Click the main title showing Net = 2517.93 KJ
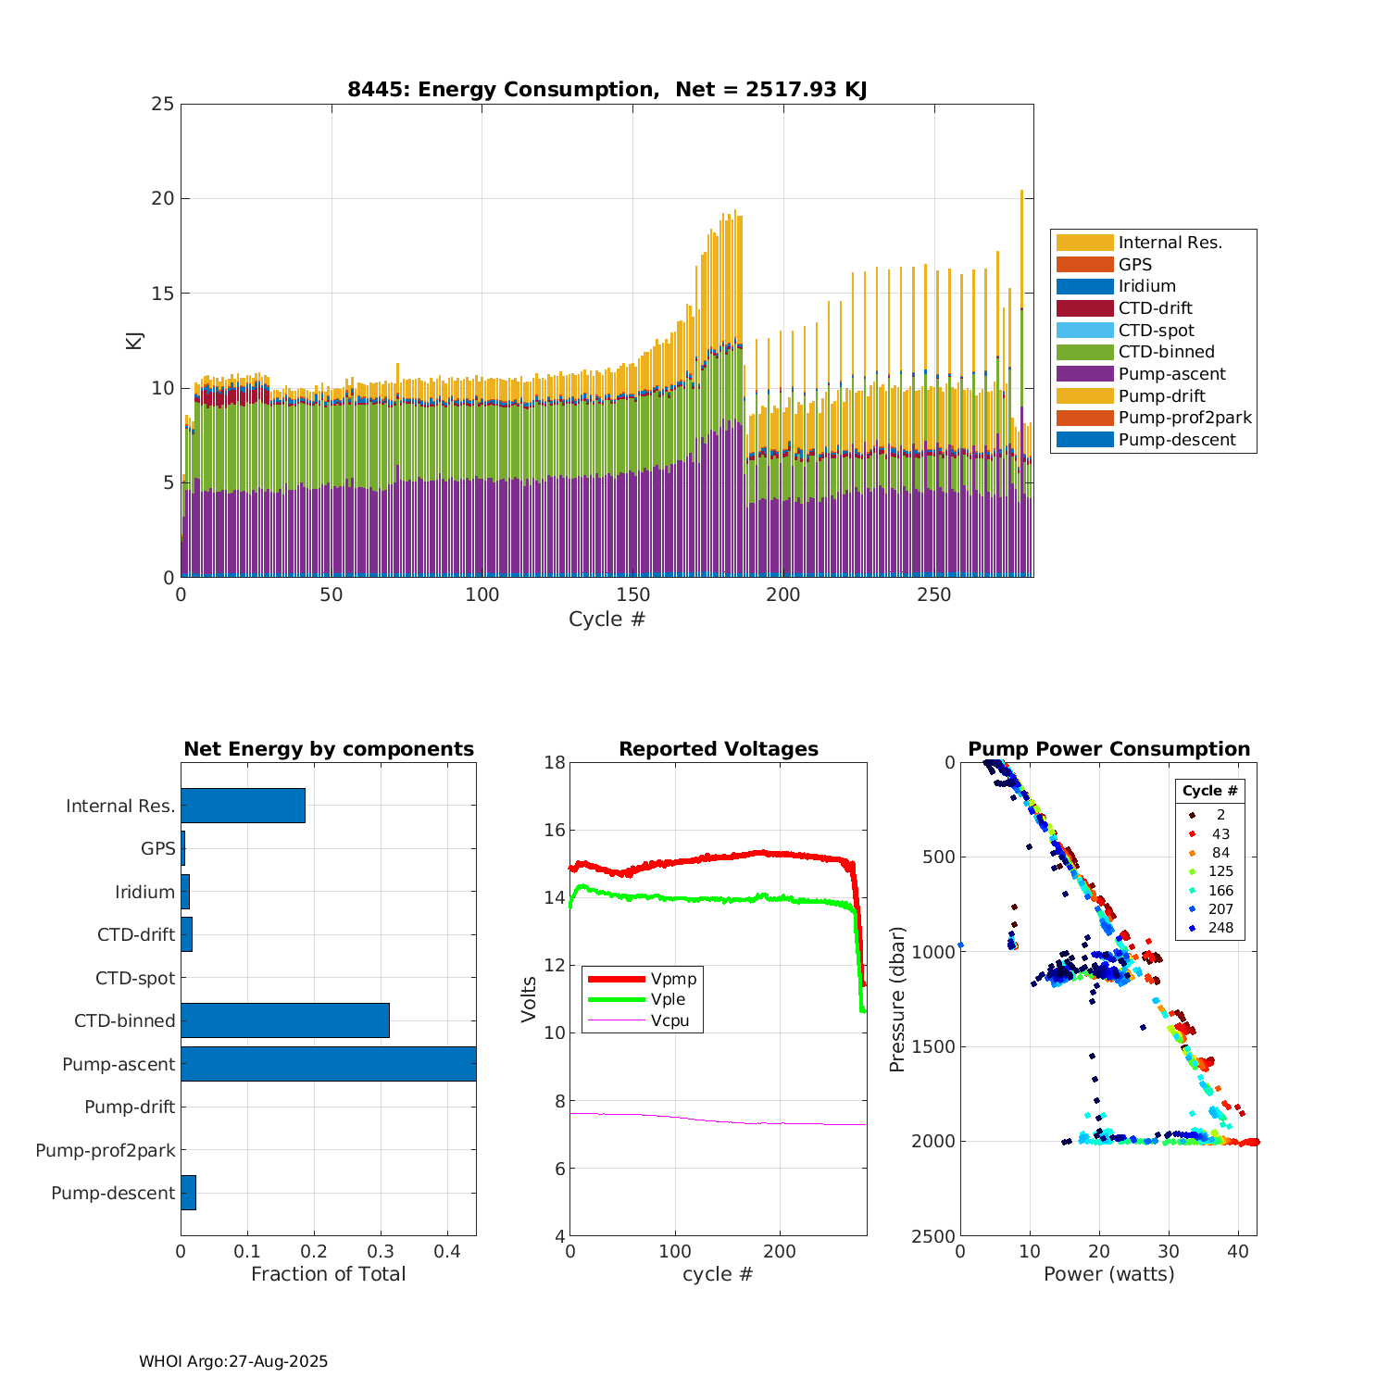pyautogui.click(x=607, y=90)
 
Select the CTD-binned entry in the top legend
pyautogui.click(x=1166, y=352)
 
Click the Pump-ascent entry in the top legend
pyautogui.click(x=1171, y=374)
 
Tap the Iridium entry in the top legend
pyautogui.click(x=1146, y=286)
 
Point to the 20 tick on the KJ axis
pyautogui.click(x=163, y=198)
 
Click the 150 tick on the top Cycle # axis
pyautogui.click(x=632, y=594)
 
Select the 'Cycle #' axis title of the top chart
pyautogui.click(x=607, y=619)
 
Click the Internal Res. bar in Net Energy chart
pyautogui.click(x=243, y=806)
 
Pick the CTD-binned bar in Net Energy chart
pyautogui.click(x=285, y=1020)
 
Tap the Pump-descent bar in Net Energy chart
pyautogui.click(x=188, y=1193)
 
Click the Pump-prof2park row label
pyautogui.click(x=106, y=1150)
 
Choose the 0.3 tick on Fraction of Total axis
pyautogui.click(x=381, y=1251)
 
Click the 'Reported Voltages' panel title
pyautogui.click(x=719, y=749)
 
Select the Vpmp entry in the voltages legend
pyautogui.click(x=673, y=979)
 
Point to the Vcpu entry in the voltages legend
pyautogui.click(x=669, y=1021)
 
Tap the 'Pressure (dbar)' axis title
pyautogui.click(x=896, y=999)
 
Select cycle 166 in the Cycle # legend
pyautogui.click(x=1220, y=891)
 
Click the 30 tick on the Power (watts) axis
pyautogui.click(x=1169, y=1251)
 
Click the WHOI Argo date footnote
pyautogui.click(x=233, y=1361)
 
